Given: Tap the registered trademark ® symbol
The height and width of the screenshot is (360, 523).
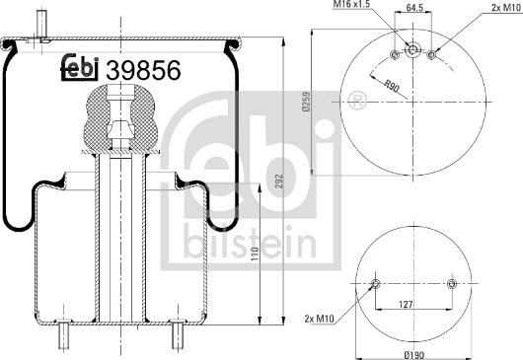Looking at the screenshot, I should [x=357, y=100].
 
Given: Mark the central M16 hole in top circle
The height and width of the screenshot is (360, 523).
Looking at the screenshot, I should [x=412, y=50].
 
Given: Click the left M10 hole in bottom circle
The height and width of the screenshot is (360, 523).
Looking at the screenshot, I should [x=374, y=285].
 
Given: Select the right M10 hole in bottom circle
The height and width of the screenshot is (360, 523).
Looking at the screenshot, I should [x=451, y=285].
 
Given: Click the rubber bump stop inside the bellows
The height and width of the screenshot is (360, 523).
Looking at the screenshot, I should [x=121, y=113].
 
